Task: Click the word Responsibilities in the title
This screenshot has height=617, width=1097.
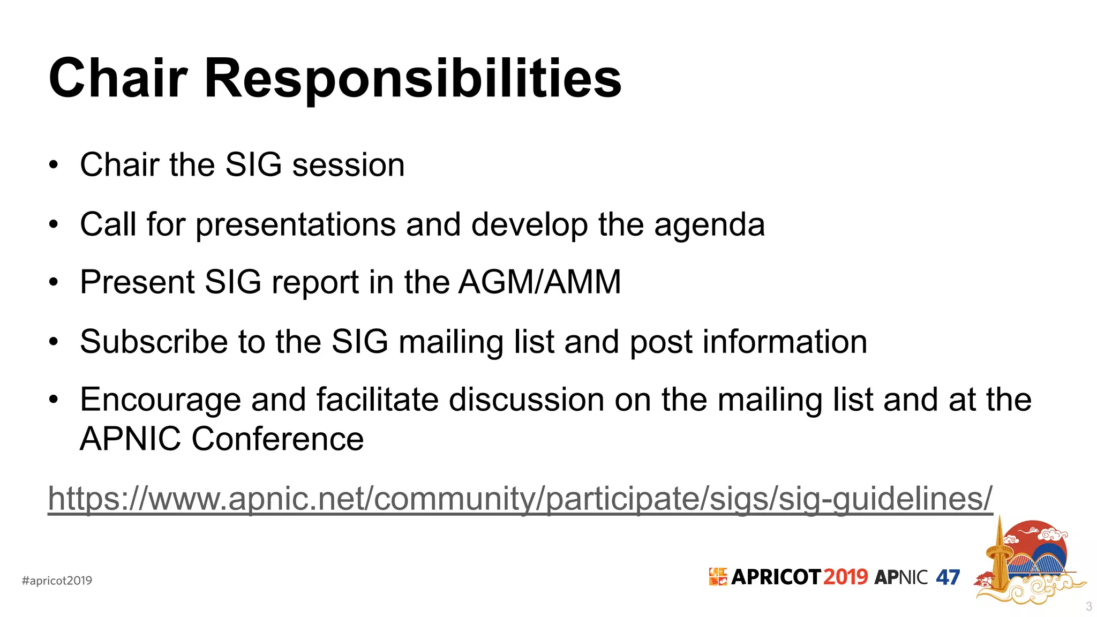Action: click(412, 79)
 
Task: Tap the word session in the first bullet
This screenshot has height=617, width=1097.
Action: click(348, 165)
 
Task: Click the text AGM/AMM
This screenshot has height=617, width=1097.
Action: click(539, 282)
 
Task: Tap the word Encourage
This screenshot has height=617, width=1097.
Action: click(160, 401)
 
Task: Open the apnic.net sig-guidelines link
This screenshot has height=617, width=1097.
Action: click(520, 499)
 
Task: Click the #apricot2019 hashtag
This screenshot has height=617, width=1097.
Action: click(57, 581)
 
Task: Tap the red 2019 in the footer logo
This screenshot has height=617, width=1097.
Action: click(845, 577)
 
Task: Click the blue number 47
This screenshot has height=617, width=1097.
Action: click(948, 577)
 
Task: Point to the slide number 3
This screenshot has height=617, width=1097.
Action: click(1088, 607)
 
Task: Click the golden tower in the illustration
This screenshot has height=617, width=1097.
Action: click(998, 562)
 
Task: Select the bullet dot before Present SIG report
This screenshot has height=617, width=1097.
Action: click(53, 282)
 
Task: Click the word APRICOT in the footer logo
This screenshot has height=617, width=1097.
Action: click(775, 577)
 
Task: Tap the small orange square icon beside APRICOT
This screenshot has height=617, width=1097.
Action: click(718, 577)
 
